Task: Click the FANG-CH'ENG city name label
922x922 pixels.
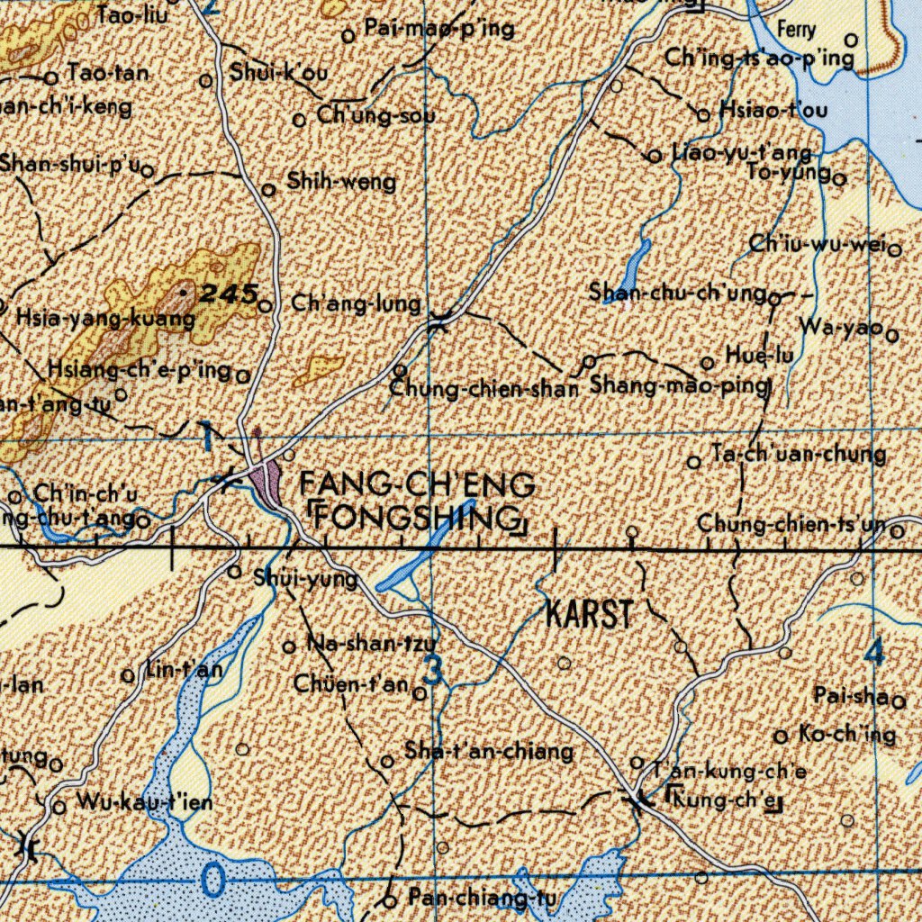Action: click(418, 485)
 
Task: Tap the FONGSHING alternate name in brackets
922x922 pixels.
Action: click(417, 519)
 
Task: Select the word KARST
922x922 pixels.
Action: click(589, 616)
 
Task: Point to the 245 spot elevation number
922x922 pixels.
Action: click(229, 293)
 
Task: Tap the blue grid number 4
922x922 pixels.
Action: click(873, 652)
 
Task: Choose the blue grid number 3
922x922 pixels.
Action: click(433, 672)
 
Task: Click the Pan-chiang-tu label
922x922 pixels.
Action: click(483, 898)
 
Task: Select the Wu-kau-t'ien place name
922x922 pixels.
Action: click(145, 801)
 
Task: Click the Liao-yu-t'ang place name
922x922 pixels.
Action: click(741, 152)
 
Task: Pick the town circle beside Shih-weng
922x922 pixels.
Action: click(268, 190)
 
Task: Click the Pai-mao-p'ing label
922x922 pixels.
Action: click(439, 29)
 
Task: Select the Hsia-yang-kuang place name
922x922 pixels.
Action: click(105, 318)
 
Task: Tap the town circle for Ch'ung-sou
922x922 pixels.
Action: click(301, 119)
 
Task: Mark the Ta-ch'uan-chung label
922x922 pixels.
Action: click(798, 454)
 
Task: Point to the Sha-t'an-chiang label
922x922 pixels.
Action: click(489, 750)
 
